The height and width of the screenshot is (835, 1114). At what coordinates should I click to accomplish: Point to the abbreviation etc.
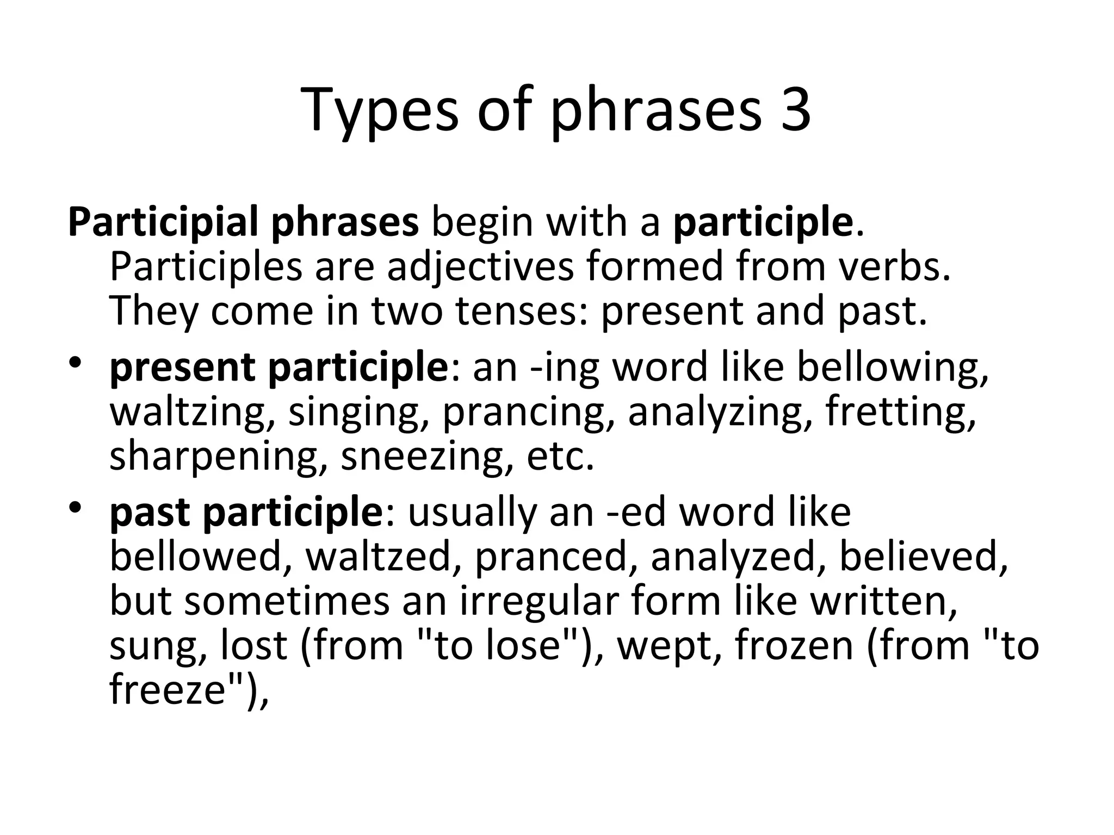[x=560, y=456]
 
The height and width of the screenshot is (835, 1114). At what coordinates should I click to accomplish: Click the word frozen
[x=794, y=645]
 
